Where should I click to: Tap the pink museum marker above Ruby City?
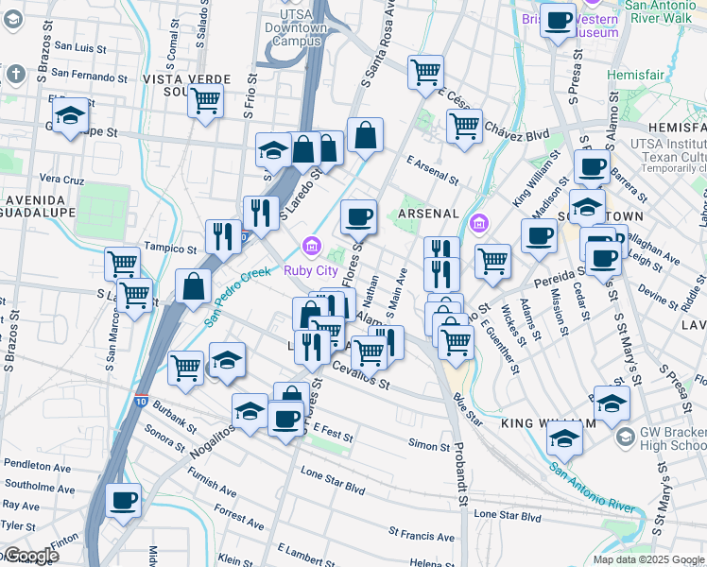(x=310, y=248)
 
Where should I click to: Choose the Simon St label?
(x=429, y=445)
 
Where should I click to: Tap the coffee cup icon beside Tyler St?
(x=123, y=500)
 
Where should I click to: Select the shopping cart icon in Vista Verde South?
(x=205, y=99)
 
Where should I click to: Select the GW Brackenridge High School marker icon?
(x=625, y=438)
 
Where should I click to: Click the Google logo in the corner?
(x=30, y=556)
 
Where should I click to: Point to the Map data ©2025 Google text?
(x=647, y=559)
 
